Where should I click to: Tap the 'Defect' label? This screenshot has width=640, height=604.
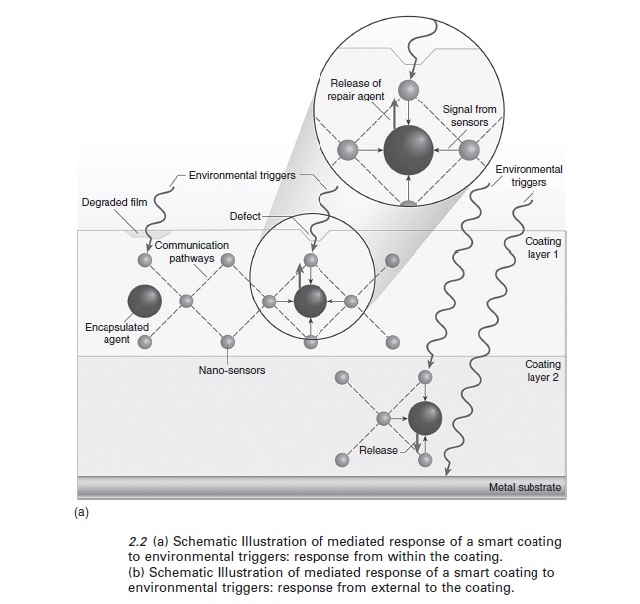pos(245,216)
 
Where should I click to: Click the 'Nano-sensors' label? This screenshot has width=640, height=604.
pos(232,370)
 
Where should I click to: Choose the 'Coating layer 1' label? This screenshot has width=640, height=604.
pos(543,247)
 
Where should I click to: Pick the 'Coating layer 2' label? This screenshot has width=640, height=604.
pos(542,372)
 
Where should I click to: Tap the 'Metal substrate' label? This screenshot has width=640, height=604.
pos(525,488)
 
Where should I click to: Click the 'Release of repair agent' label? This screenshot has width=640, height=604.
pos(354,89)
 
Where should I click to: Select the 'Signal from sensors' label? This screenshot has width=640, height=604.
pos(469,115)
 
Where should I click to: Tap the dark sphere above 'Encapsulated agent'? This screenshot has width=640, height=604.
pos(144,300)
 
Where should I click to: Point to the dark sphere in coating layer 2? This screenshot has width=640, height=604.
pos(425,417)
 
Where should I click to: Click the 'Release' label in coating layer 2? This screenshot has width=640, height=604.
pos(378,450)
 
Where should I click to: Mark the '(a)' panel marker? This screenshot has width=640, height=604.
pos(82,513)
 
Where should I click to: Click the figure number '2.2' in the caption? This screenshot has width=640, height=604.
pos(139,541)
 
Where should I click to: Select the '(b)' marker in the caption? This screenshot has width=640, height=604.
pos(139,573)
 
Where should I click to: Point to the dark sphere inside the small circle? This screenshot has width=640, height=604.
pos(311,300)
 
